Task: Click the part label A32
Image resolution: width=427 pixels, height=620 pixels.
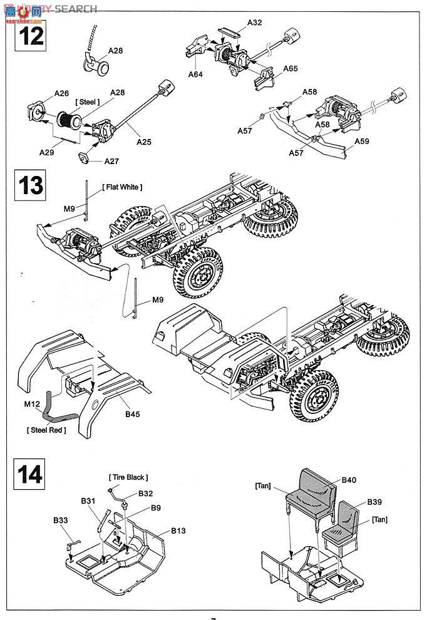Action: pyautogui.click(x=254, y=23)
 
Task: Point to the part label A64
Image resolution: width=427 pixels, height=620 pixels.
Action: pyautogui.click(x=197, y=74)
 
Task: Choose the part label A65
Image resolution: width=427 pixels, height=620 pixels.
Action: pyautogui.click(x=291, y=68)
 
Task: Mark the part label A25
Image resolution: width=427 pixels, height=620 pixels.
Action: pyautogui.click(x=145, y=142)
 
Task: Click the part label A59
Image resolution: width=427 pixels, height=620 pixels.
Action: pyautogui.click(x=362, y=141)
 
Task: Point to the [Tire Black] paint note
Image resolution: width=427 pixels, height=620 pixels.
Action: pyautogui.click(x=128, y=477)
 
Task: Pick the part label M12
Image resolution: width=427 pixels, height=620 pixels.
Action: pyautogui.click(x=32, y=405)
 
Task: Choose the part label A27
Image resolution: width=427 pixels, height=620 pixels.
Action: pyautogui.click(x=111, y=161)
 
